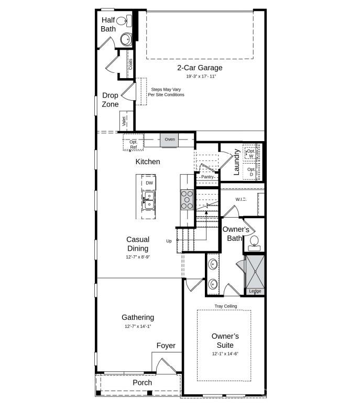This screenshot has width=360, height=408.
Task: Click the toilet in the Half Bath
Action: [123, 21]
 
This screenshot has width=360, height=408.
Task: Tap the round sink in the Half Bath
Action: [126, 39]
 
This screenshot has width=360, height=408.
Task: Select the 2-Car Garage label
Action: [200, 68]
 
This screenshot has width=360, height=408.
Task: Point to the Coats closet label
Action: [130, 65]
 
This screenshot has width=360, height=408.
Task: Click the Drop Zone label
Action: [110, 100]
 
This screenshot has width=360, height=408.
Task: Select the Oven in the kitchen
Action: [170, 139]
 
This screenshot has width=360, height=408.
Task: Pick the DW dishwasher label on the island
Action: [149, 182]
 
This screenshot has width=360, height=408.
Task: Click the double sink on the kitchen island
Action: [149, 200]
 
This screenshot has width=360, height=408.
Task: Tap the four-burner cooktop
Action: [188, 199]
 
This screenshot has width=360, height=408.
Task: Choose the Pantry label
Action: [208, 177]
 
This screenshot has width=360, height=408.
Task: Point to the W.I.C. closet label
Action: [241, 199]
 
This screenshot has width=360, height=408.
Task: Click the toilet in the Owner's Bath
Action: [255, 242]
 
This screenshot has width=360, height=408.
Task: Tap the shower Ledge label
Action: [255, 291]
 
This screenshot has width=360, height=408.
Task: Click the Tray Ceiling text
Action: [225, 306]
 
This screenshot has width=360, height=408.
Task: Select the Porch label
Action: [142, 382]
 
